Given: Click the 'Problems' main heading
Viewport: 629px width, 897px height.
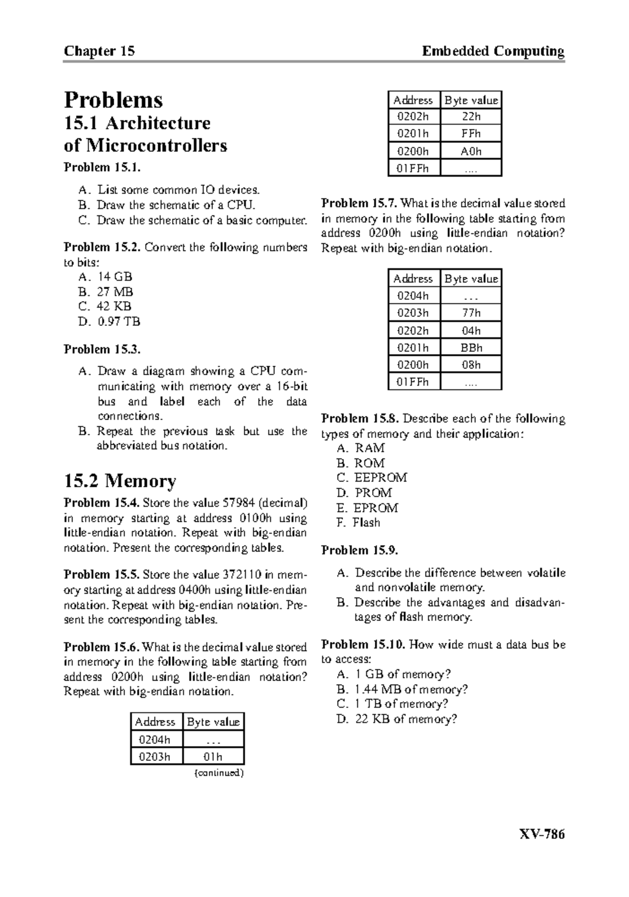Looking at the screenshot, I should [x=113, y=100].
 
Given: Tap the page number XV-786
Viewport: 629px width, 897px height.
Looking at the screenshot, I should [x=541, y=834].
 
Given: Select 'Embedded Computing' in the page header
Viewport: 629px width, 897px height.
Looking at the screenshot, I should [x=493, y=51].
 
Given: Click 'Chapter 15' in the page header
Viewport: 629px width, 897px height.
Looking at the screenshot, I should [x=99, y=51].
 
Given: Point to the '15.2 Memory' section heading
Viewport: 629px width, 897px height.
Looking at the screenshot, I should [x=120, y=480].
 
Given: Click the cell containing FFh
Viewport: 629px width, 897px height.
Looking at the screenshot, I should [x=471, y=134].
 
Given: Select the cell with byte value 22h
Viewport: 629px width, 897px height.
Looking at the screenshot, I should [x=471, y=116].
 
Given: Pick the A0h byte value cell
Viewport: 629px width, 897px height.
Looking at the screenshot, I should [x=471, y=151].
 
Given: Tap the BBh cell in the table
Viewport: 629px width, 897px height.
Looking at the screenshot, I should [x=471, y=347].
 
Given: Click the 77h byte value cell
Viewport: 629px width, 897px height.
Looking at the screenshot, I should [x=471, y=313].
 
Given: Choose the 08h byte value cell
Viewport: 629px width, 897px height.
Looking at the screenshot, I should [x=471, y=365].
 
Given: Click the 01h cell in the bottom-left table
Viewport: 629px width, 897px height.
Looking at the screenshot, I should [x=213, y=757].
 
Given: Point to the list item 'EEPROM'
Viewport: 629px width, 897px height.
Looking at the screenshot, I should [x=381, y=477].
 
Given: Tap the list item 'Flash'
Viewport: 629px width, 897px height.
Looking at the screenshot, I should [x=366, y=522].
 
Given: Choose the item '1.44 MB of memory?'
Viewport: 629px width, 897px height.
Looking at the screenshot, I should [x=411, y=689].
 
